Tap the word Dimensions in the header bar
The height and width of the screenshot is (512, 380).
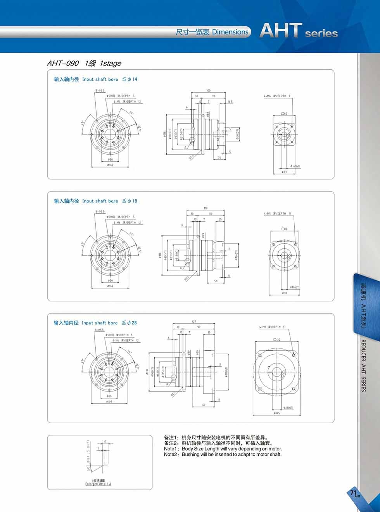point(230,32)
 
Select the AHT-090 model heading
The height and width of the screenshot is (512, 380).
point(62,64)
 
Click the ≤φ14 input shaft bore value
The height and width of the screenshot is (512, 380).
point(130,79)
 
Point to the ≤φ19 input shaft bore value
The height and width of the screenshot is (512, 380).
point(130,201)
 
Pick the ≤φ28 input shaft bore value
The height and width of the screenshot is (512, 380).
point(130,322)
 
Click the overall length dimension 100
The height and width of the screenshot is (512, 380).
point(209,90)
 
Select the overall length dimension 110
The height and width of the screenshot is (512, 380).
point(206,208)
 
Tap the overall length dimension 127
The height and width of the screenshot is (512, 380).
point(194,322)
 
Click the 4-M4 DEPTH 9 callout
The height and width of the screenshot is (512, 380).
point(277,96)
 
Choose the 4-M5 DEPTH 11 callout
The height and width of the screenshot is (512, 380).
point(277,214)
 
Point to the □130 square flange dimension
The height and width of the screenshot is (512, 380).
point(277,340)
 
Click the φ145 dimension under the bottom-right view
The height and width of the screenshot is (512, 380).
point(277,413)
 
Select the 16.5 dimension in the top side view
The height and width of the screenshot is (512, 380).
point(230,102)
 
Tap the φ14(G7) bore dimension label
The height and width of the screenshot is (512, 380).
point(295,166)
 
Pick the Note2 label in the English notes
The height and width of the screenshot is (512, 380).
point(172,454)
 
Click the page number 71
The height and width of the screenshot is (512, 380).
point(353,493)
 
